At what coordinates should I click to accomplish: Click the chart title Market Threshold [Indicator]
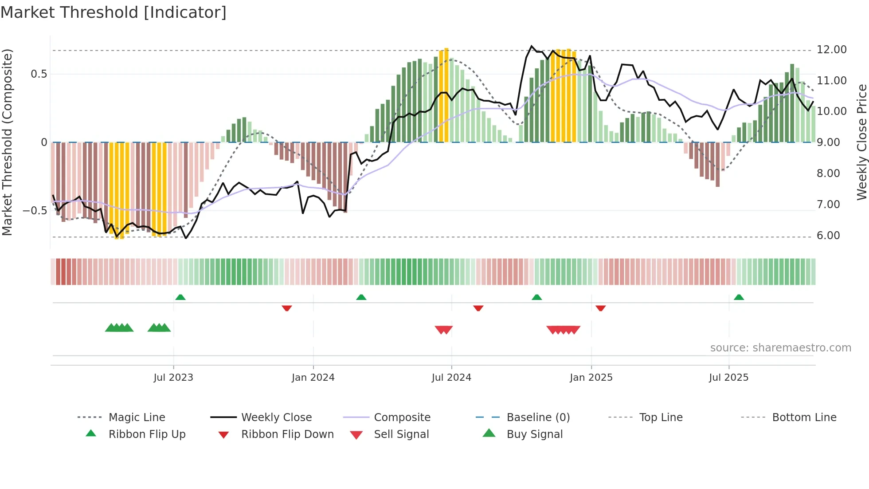coord(114,12)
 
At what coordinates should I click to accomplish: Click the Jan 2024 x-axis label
coord(313,378)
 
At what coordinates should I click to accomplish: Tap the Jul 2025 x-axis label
coord(728,378)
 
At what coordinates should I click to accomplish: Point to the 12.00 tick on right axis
coord(831,50)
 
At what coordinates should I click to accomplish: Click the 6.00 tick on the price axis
coord(828,236)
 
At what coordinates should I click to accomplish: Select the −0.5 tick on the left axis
coord(35,211)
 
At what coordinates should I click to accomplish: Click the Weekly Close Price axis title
coord(861,142)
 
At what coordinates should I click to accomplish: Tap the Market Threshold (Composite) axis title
coord(7,142)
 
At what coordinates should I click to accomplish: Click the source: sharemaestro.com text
coord(780,348)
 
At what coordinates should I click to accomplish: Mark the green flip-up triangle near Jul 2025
coord(739,297)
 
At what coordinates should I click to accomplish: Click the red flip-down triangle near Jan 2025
coord(600,308)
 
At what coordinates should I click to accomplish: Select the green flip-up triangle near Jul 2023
coord(180,297)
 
